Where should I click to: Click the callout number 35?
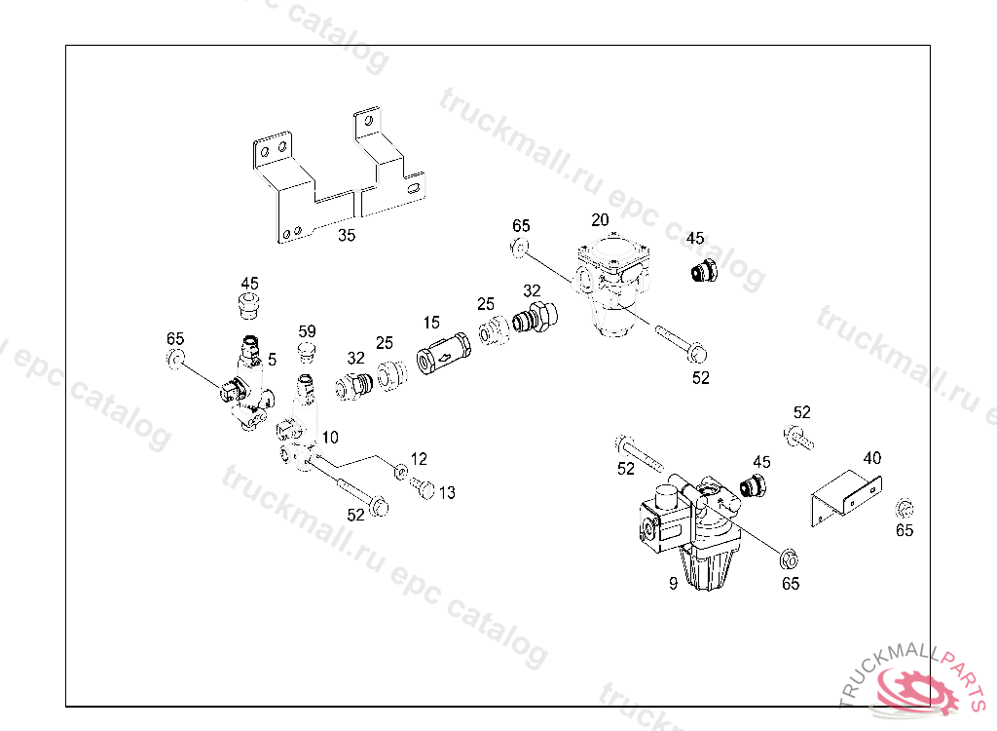347,235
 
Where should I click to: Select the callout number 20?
600,219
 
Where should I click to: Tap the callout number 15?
431,323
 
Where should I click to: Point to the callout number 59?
307,331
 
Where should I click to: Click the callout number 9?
674,583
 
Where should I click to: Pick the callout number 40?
872,458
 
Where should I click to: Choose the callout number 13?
447,492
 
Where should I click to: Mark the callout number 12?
419,459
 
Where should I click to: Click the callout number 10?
330,438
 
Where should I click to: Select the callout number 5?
273,360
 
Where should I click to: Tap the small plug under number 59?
307,351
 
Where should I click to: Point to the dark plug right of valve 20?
705,272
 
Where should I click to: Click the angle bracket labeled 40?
846,499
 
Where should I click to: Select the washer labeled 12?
401,472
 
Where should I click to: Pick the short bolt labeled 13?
423,487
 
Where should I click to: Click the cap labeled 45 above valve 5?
249,305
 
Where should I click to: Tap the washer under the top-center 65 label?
520,247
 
